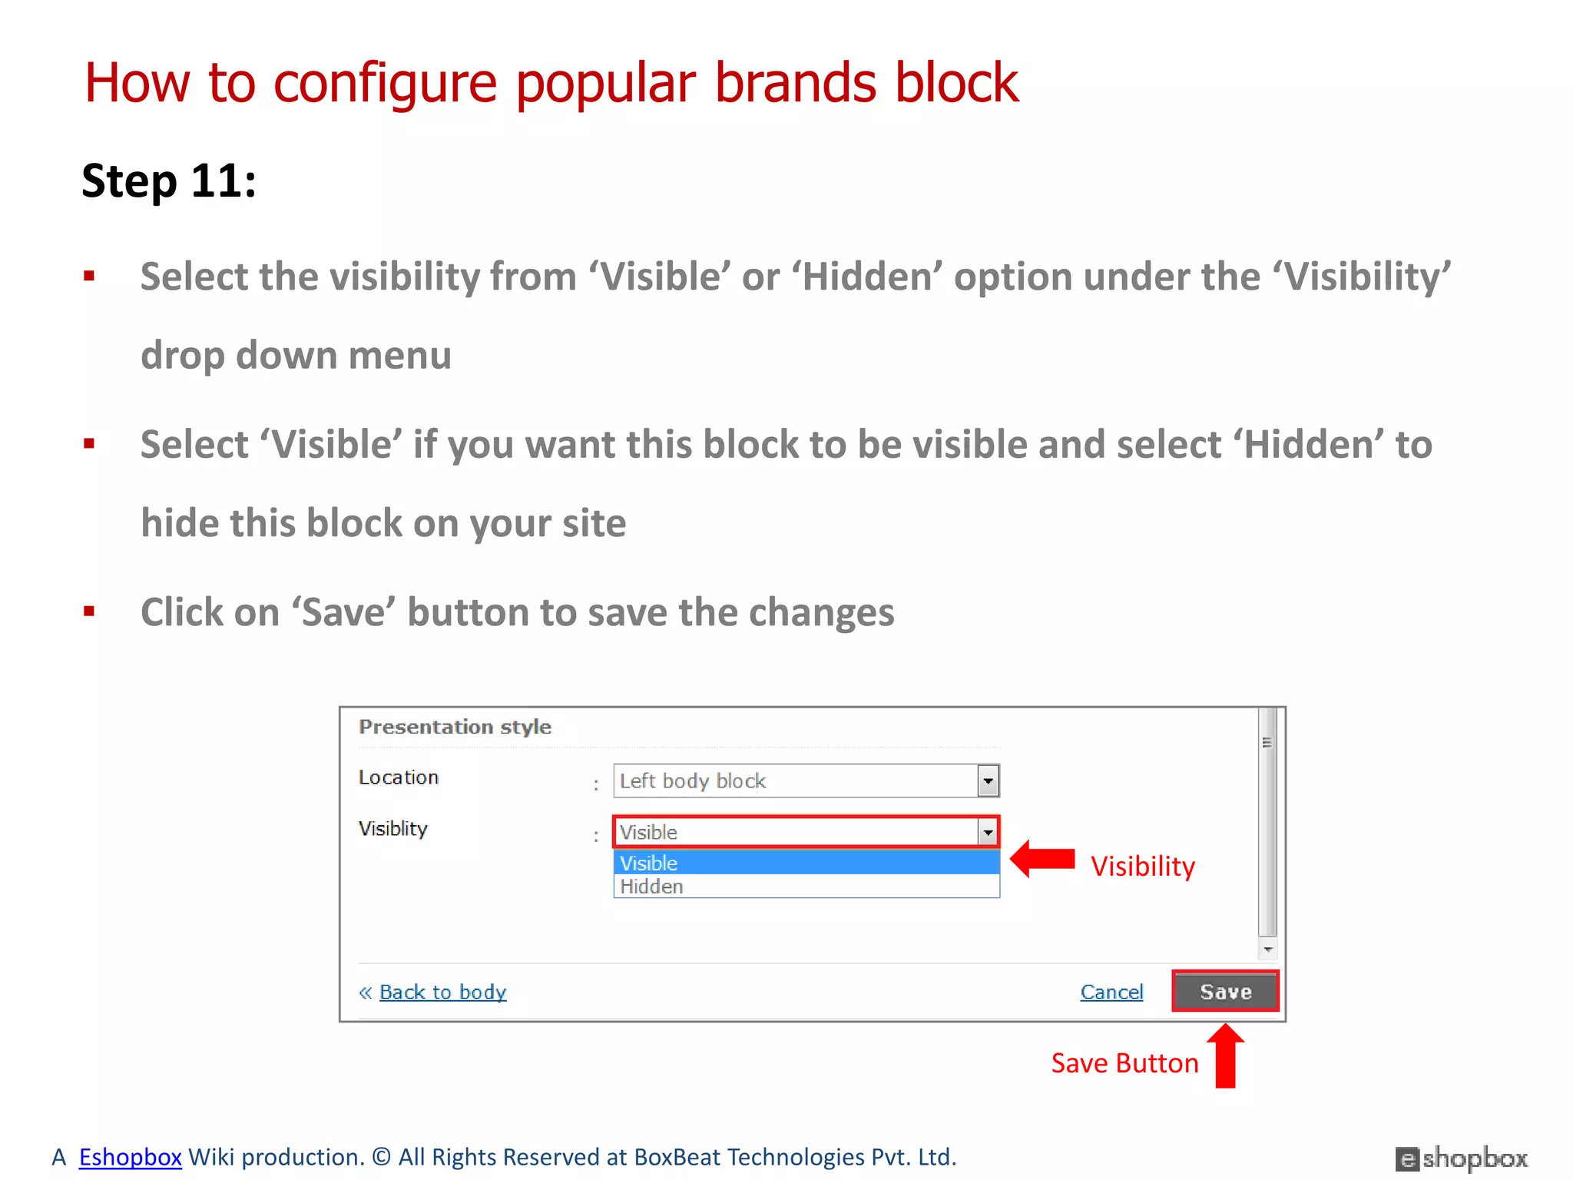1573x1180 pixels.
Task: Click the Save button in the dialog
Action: tap(1225, 991)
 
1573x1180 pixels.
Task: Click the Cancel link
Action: tap(1111, 992)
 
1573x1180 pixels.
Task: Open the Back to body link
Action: tap(442, 992)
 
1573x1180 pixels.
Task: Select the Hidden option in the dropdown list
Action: tap(651, 887)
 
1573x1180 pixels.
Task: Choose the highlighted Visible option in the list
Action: tap(649, 863)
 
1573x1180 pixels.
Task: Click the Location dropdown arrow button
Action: tap(988, 781)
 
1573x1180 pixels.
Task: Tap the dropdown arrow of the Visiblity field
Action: tap(988, 832)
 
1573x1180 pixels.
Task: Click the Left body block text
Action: tap(693, 781)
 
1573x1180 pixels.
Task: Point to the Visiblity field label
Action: tap(393, 829)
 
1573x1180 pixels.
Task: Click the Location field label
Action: tap(399, 777)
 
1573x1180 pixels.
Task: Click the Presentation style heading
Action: tap(455, 727)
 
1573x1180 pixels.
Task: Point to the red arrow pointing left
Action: tap(1043, 859)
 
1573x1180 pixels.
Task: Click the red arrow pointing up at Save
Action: tap(1225, 1056)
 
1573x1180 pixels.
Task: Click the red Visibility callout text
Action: tap(1143, 867)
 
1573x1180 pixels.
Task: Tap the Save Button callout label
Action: tap(1124, 1063)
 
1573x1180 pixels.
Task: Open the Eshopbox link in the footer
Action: tap(130, 1156)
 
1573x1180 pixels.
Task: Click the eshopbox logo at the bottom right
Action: tap(1462, 1158)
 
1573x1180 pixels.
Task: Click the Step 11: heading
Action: tap(169, 181)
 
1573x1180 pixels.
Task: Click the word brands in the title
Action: tap(795, 82)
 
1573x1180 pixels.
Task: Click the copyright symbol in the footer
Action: tap(382, 1156)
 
